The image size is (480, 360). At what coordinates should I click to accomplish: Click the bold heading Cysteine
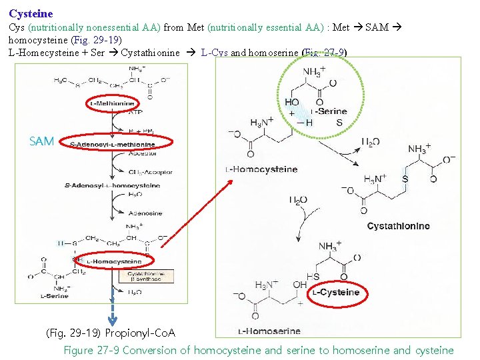[x=31, y=13]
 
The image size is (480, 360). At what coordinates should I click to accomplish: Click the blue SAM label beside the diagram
[x=42, y=141]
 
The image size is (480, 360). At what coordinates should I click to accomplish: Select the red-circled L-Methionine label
[x=112, y=103]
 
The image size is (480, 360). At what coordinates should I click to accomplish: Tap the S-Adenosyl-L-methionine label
[x=113, y=144]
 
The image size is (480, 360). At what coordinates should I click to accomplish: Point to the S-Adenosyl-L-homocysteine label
[x=113, y=185]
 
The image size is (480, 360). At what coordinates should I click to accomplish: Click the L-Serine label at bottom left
[x=54, y=296]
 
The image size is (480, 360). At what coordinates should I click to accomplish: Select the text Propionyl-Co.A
[x=140, y=332]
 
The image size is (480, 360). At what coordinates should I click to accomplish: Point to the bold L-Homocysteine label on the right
[x=263, y=169]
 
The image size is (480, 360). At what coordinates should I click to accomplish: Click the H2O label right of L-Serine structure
[x=371, y=142]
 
